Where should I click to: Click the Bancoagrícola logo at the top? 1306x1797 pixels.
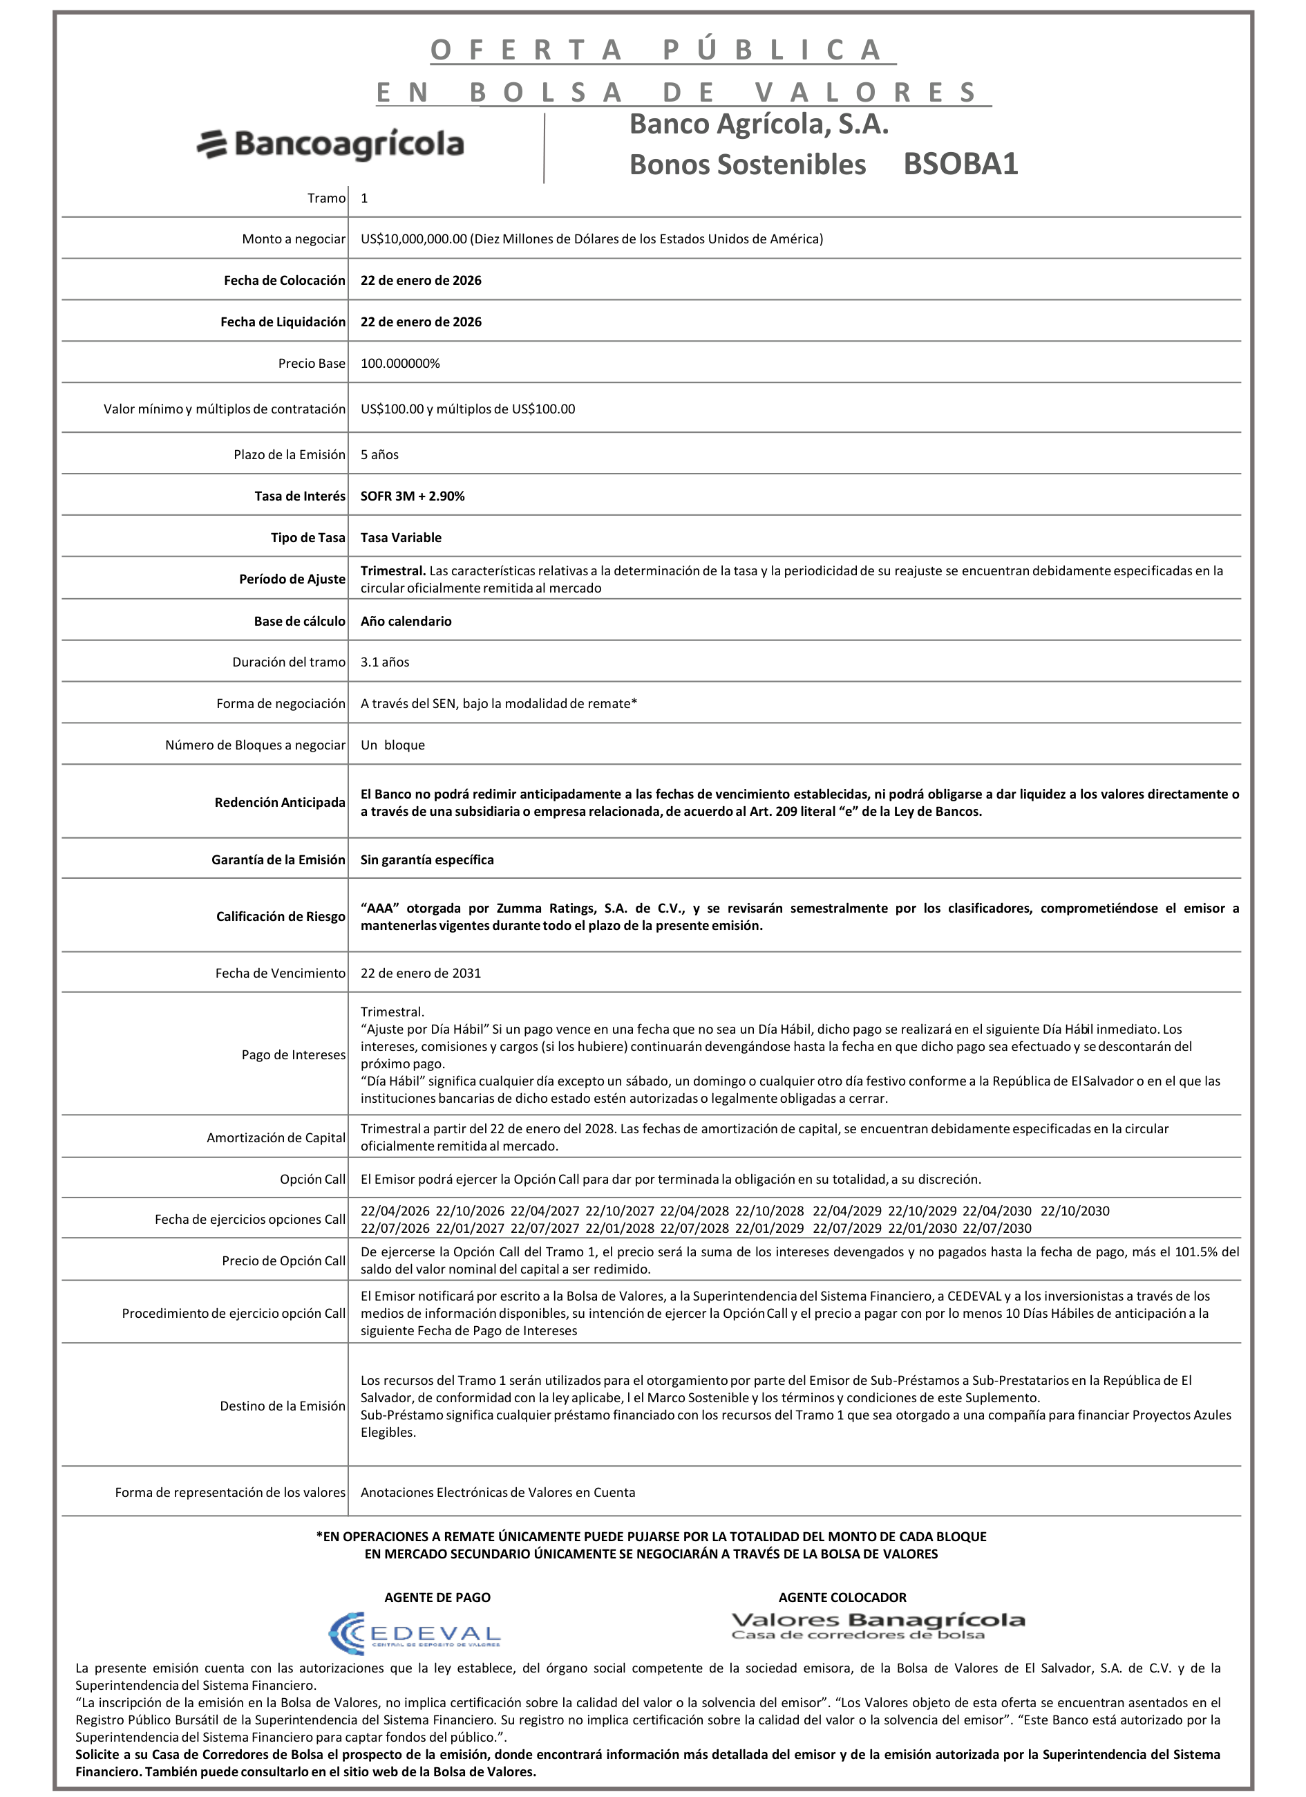pos(330,145)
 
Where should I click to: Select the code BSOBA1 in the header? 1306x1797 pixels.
pos(960,164)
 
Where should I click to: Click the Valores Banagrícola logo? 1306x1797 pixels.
pos(878,1626)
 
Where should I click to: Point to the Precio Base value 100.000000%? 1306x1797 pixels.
pos(400,364)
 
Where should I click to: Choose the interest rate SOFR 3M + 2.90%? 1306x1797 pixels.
pos(412,496)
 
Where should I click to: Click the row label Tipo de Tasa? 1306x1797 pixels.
pos(307,538)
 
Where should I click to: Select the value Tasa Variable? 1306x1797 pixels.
pos(401,538)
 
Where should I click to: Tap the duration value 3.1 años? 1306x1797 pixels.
pos(385,662)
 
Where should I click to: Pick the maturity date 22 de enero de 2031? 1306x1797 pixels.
pos(421,974)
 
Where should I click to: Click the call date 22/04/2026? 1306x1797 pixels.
pos(395,1211)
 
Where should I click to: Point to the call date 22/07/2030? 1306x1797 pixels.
pos(996,1228)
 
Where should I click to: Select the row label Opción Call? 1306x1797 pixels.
pos(312,1180)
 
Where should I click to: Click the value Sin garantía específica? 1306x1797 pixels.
pos(427,860)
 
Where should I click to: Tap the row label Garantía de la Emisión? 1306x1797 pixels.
pos(278,860)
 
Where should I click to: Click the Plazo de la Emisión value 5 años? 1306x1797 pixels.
pos(379,455)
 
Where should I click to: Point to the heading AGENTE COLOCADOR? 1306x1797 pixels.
pos(842,1597)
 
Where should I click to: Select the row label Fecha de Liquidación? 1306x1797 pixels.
pos(283,322)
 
